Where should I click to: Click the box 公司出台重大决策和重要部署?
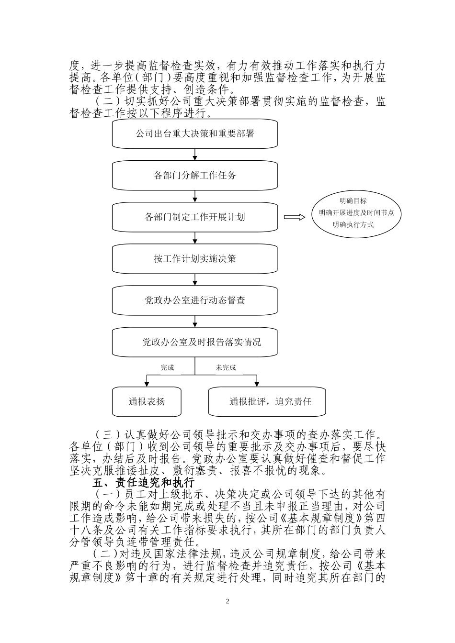[195, 134]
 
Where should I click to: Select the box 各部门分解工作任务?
[195, 176]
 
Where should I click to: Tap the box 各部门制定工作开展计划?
[195, 217]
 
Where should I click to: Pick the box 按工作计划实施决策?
[195, 259]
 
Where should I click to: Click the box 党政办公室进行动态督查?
[195, 301]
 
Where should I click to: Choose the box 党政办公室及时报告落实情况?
[195, 343]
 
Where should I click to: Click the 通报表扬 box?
[147, 401]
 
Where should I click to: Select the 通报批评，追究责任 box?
[267, 401]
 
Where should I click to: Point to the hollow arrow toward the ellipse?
[295, 217]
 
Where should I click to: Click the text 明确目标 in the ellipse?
[353, 201]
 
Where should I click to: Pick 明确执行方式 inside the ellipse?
[353, 224]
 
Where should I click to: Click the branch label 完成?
[167, 368]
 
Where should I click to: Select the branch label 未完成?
[226, 368]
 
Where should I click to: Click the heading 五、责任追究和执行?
[143, 482]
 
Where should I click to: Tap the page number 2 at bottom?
[227, 601]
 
